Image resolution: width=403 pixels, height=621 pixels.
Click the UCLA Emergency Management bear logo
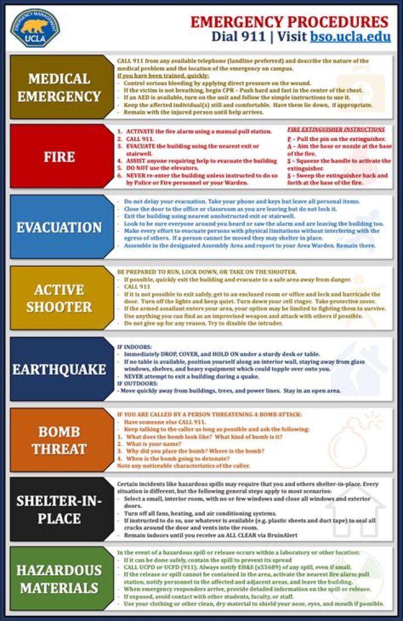pyautogui.click(x=35, y=27)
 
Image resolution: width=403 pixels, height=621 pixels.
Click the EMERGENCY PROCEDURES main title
pyautogui.click(x=289, y=22)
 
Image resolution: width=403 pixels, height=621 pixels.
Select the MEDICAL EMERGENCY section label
pyautogui.click(x=59, y=87)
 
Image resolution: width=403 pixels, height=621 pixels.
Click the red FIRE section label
pyautogui.click(x=59, y=156)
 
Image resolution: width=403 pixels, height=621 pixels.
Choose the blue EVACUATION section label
pyautogui.click(x=59, y=227)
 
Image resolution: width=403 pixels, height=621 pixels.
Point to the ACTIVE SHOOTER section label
pyautogui.click(x=59, y=298)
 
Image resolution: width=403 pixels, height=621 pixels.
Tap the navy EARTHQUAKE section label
pyautogui.click(x=59, y=369)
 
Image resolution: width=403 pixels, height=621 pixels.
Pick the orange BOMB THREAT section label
pyautogui.click(x=59, y=440)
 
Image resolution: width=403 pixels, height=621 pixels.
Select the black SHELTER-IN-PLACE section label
pyautogui.click(x=59, y=510)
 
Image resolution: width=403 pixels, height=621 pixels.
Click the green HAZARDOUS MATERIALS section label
pyautogui.click(x=59, y=579)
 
